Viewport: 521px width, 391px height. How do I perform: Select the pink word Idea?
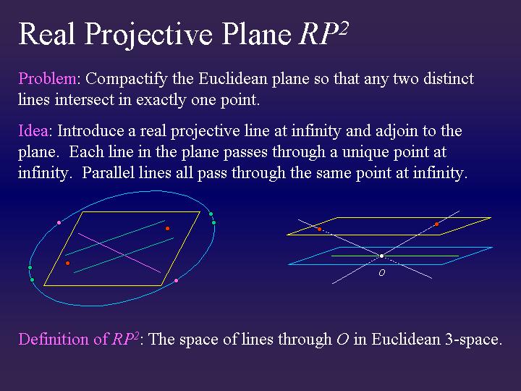tap(33, 131)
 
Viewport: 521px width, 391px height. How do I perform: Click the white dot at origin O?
tap(381, 256)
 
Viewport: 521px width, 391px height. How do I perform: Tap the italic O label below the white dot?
tap(381, 273)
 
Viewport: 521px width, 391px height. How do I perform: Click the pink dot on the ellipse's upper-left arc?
tap(59, 222)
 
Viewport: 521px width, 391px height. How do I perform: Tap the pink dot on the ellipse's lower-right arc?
tap(176, 280)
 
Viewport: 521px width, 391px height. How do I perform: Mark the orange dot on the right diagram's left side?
tap(320, 229)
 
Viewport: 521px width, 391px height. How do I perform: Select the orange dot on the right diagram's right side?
tap(436, 224)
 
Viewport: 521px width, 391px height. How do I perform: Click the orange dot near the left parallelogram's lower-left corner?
tap(67, 263)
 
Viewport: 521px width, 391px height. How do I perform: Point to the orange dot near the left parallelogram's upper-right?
tap(167, 228)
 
